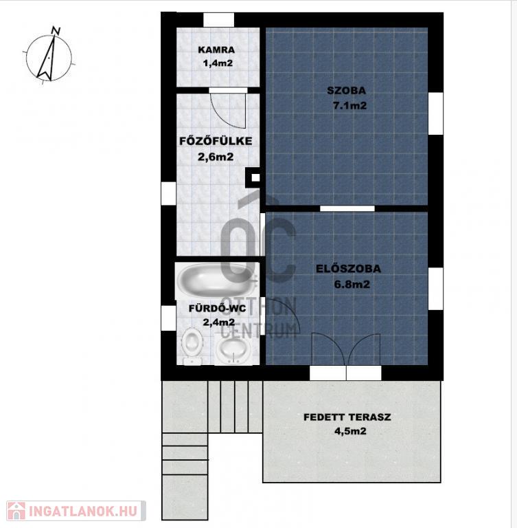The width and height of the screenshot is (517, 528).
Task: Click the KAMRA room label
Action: [x=216, y=49]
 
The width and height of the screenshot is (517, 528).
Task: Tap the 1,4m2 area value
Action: [x=218, y=63]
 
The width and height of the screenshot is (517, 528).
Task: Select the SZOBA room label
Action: [x=347, y=91]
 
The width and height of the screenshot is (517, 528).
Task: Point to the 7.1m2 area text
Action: [x=349, y=105]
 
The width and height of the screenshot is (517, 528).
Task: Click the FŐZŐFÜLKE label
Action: [x=216, y=141]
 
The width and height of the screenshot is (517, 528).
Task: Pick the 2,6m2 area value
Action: [x=216, y=157]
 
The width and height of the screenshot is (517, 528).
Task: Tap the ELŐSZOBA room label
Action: [x=349, y=269]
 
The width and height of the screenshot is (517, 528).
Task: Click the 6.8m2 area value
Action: [x=352, y=284]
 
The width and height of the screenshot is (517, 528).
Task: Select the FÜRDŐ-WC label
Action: [x=217, y=309]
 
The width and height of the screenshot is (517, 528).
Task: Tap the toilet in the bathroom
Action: [x=192, y=346]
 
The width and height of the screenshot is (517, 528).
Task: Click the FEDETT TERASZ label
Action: [x=347, y=417]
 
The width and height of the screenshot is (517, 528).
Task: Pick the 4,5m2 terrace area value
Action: [x=350, y=431]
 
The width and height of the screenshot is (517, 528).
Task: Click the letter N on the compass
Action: [x=56, y=31]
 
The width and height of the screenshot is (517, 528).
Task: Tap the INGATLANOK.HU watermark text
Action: [x=83, y=511]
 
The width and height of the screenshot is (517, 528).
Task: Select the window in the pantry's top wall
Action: [x=218, y=20]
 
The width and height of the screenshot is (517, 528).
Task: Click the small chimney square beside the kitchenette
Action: [x=255, y=177]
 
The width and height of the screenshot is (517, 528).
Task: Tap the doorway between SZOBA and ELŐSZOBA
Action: [x=347, y=208]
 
